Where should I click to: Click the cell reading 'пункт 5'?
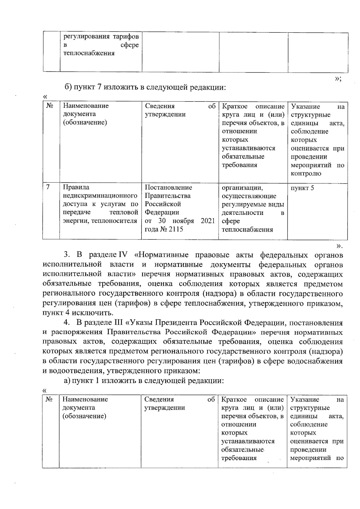point(302,188)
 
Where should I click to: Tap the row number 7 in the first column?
point(48,187)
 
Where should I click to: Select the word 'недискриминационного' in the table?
point(100,196)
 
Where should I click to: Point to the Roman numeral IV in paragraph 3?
point(123,255)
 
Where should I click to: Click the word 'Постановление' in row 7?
point(168,187)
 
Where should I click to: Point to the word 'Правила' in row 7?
point(76,187)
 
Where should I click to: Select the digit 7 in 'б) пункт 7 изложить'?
point(100,87)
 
